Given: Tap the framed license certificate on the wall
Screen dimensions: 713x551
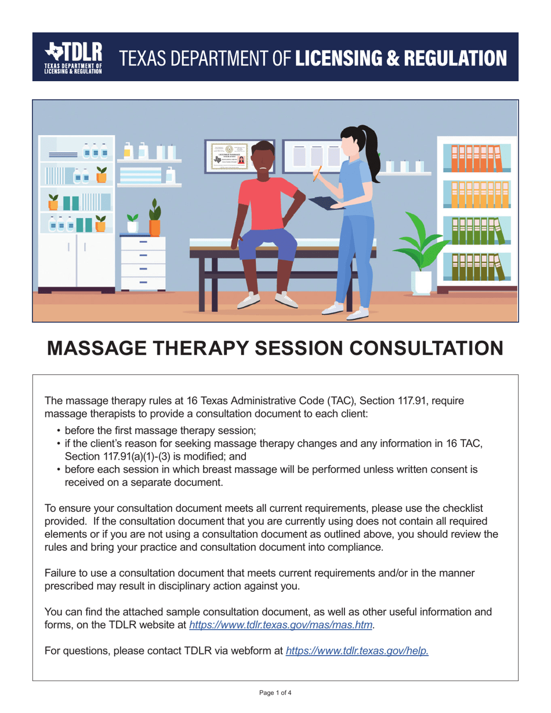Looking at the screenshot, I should pos(228,156).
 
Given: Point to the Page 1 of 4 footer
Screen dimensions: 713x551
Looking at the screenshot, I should pos(275,692).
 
